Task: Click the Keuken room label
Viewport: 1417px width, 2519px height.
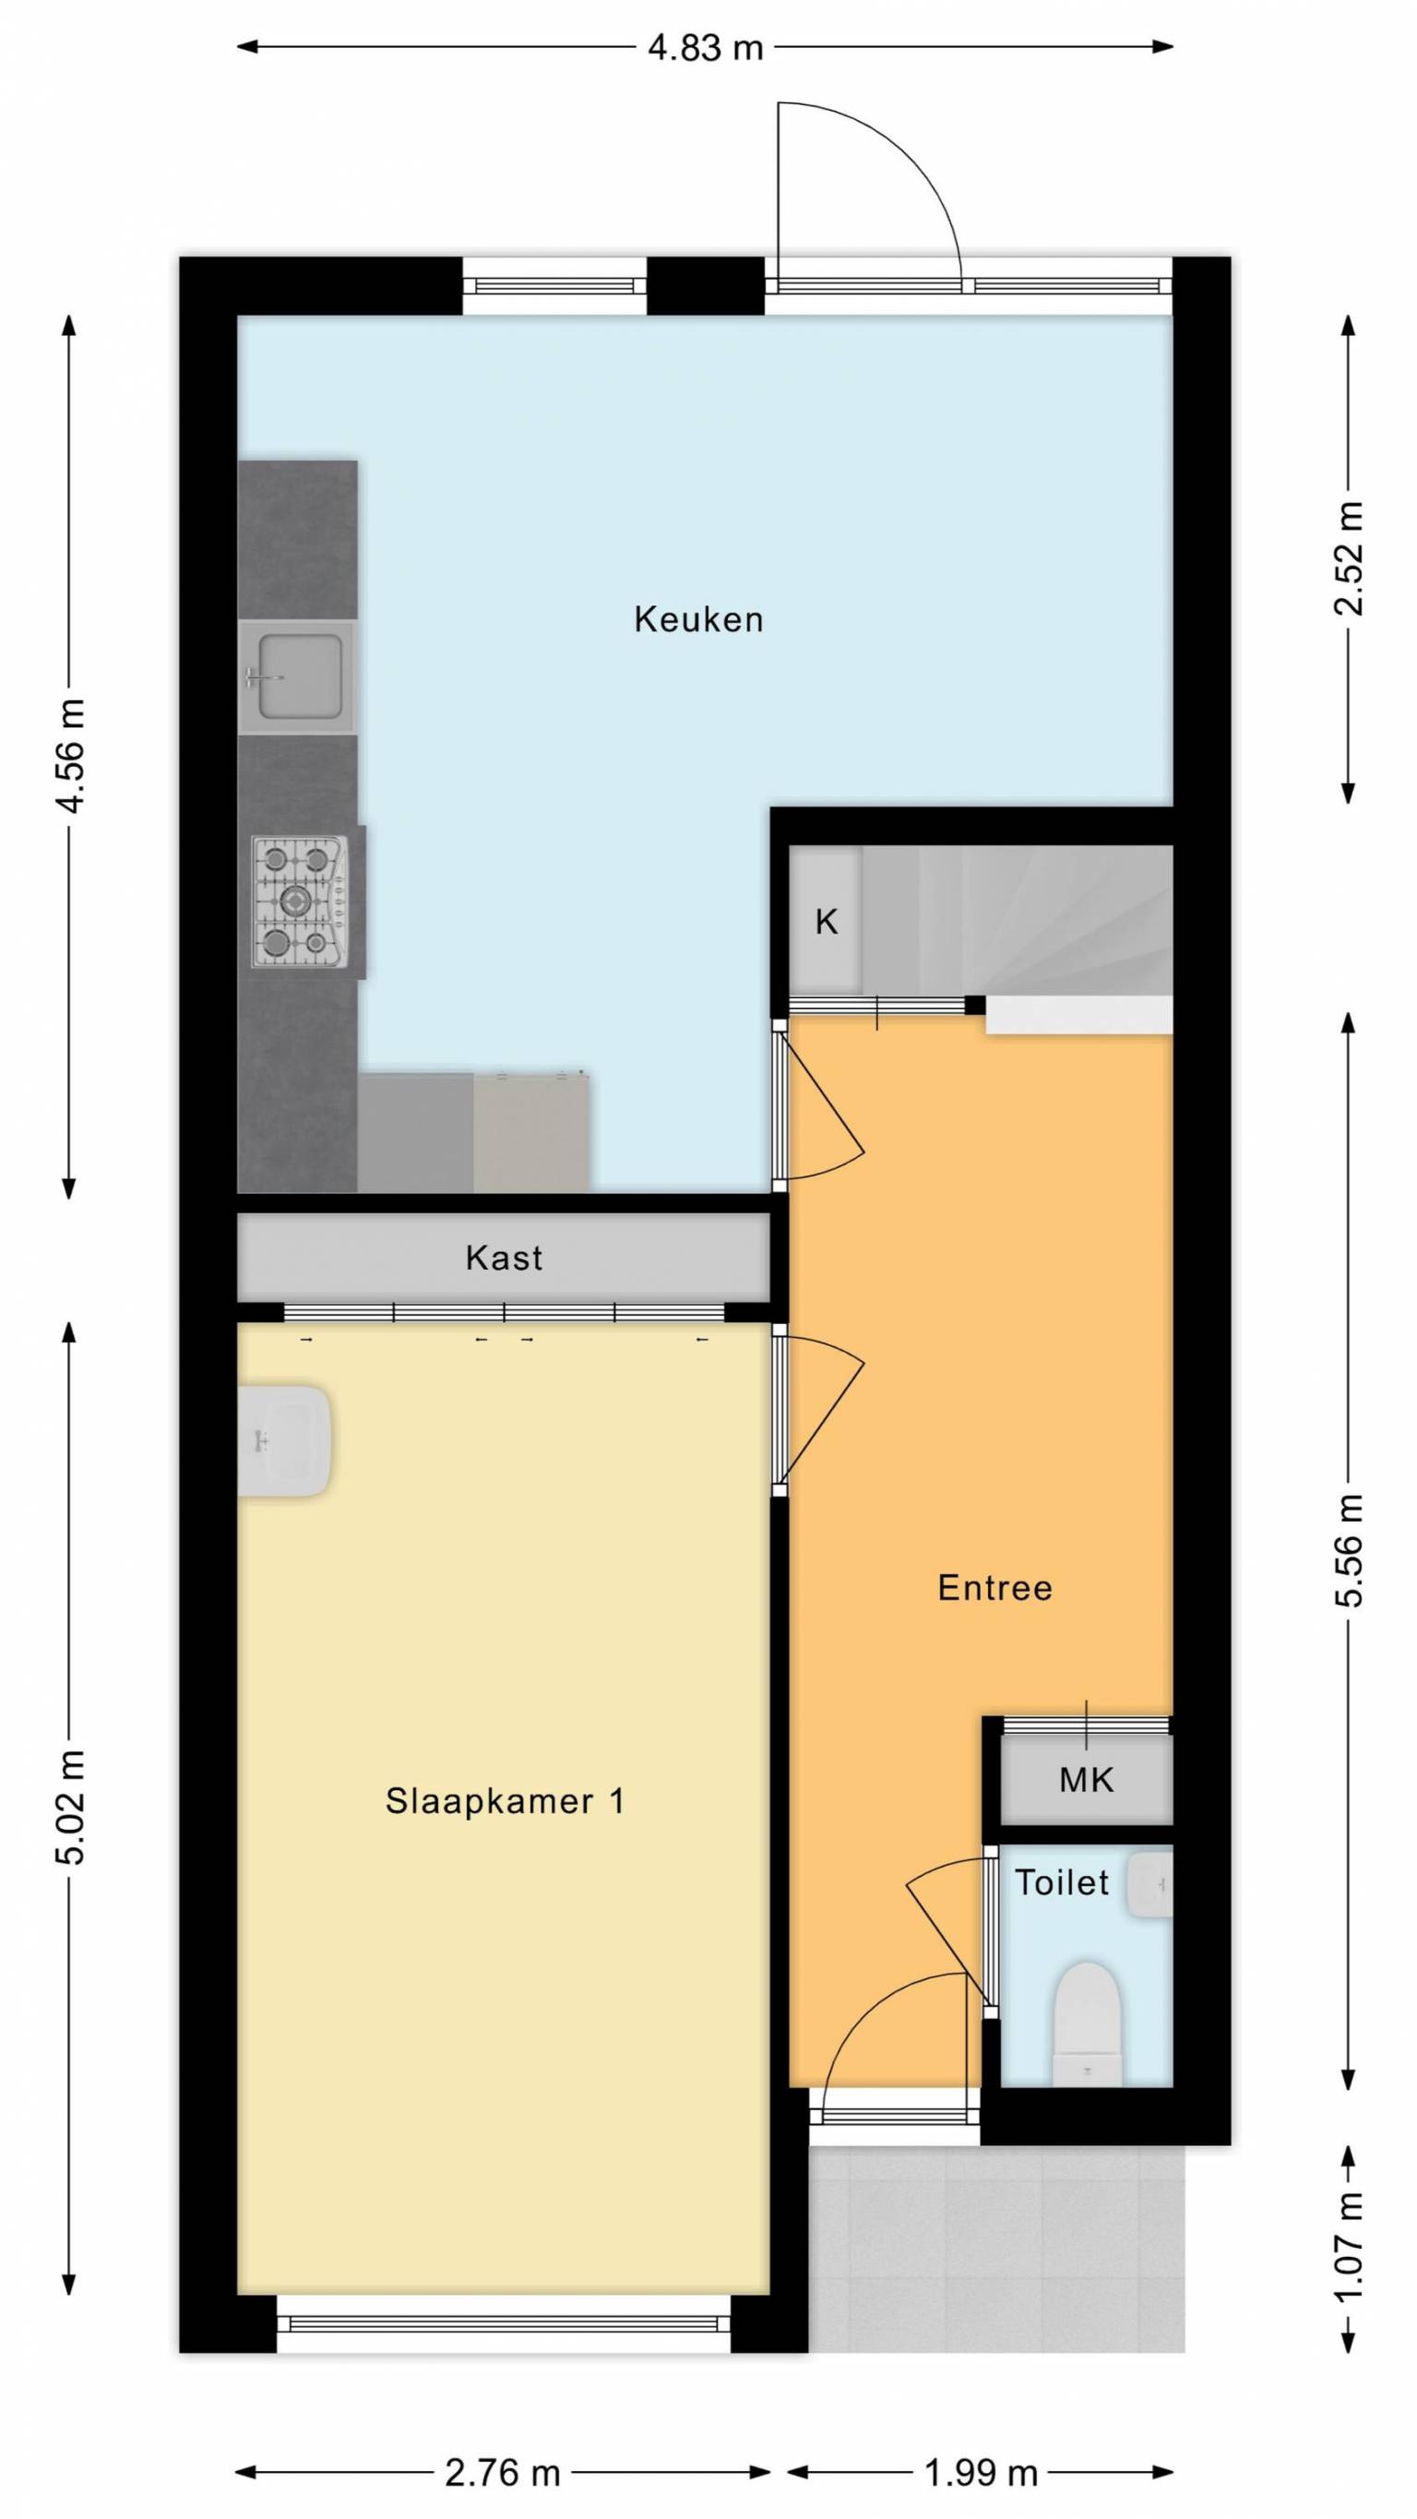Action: pyautogui.click(x=698, y=619)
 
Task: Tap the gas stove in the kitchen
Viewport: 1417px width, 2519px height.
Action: pyautogui.click(x=300, y=901)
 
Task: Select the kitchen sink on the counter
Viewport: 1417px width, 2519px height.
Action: pyautogui.click(x=296, y=676)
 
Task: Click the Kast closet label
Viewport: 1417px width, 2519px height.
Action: pyautogui.click(x=504, y=1258)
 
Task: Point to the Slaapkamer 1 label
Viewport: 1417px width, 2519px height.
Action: pyautogui.click(x=505, y=1800)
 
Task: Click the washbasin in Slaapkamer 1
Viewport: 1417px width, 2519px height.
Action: pyautogui.click(x=284, y=1440)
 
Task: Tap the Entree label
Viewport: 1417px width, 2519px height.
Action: pyautogui.click(x=994, y=1587)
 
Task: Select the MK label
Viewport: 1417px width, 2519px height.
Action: pyautogui.click(x=1087, y=1780)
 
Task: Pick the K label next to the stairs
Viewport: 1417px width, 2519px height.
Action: pyautogui.click(x=827, y=921)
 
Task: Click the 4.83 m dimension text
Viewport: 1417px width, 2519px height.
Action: pyautogui.click(x=705, y=47)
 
